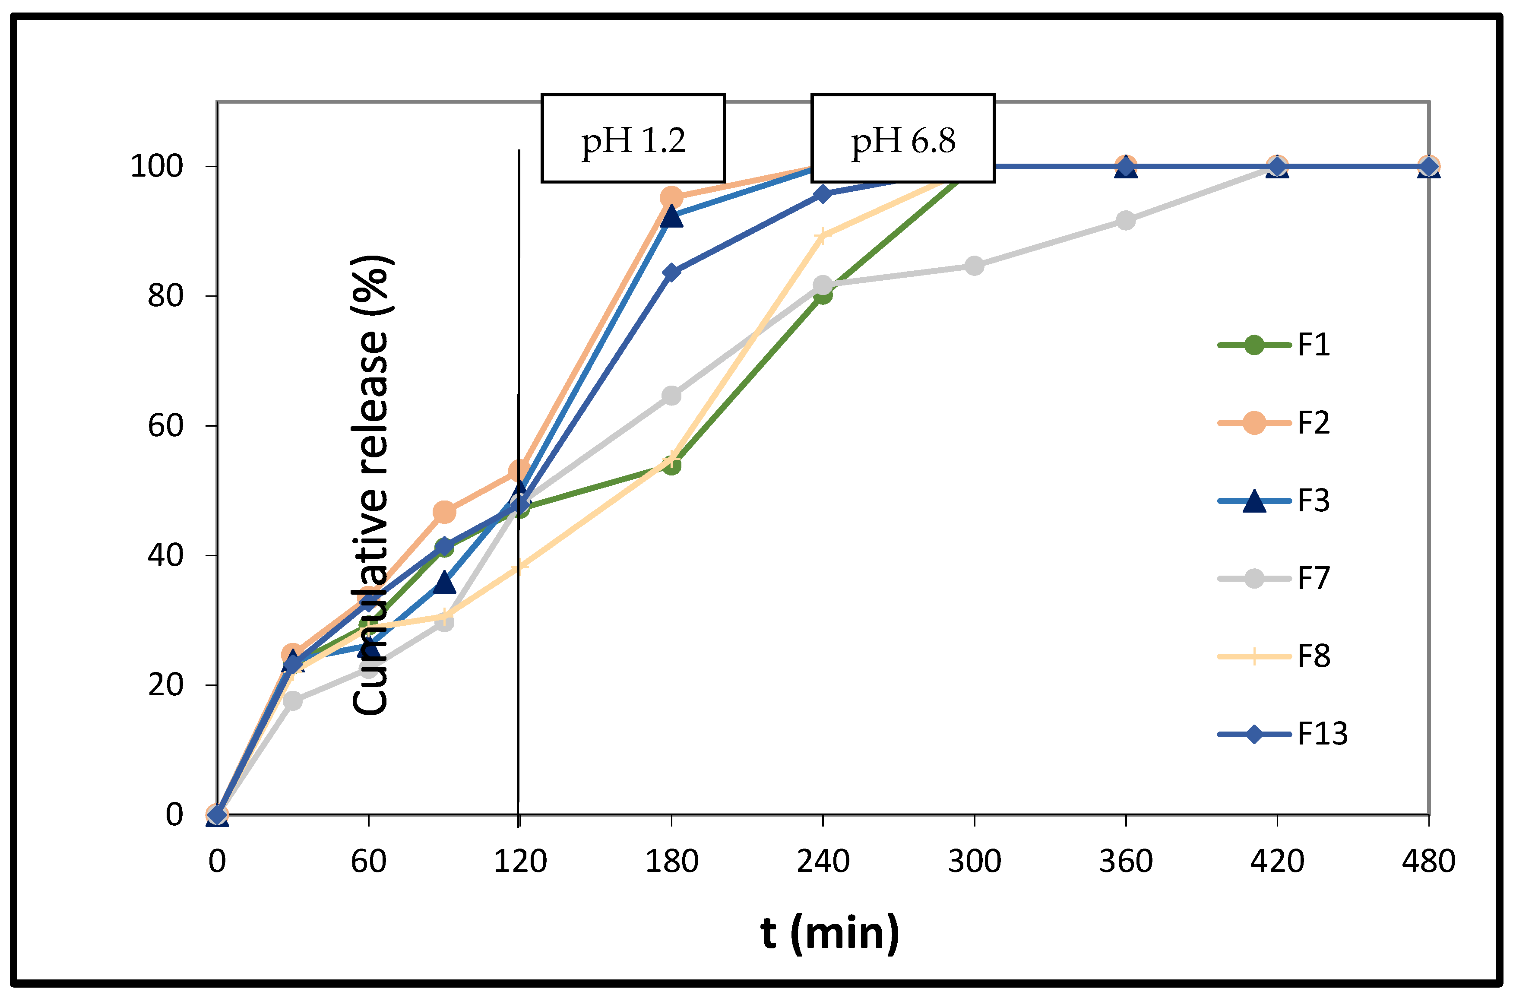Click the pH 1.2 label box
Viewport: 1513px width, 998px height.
pyautogui.click(x=633, y=139)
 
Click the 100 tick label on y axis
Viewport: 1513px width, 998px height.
pyautogui.click(x=156, y=167)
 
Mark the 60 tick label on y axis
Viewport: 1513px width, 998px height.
pyautogui.click(x=165, y=426)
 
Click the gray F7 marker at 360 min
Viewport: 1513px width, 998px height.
pyautogui.click(x=1126, y=221)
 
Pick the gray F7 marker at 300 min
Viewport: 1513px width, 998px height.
pyautogui.click(x=974, y=266)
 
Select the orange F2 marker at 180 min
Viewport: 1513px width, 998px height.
pyautogui.click(x=671, y=197)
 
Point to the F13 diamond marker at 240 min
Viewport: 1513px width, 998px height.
pyautogui.click(x=823, y=193)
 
